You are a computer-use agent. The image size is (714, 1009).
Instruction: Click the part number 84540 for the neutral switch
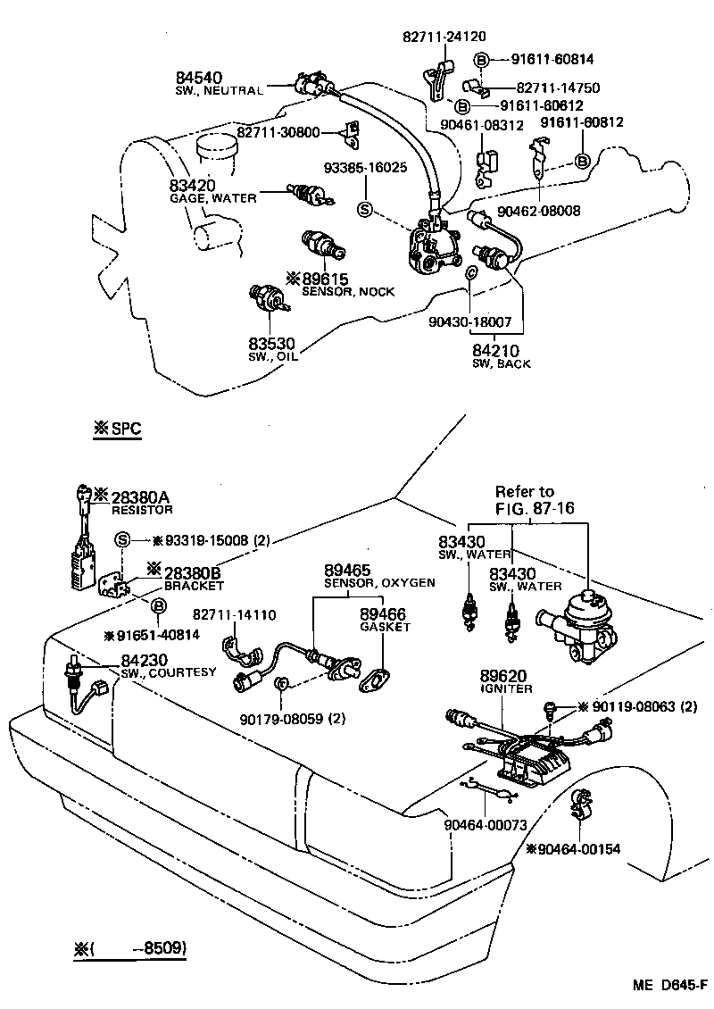click(x=199, y=78)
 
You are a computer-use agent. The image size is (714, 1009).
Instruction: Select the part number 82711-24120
click(x=443, y=38)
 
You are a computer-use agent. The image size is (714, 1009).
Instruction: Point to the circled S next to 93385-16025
click(x=364, y=209)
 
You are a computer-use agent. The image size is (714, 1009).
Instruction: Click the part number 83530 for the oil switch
click(x=270, y=344)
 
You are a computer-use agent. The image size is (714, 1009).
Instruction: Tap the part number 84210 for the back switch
click(x=497, y=351)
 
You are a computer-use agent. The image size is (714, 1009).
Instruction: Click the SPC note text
click(x=119, y=429)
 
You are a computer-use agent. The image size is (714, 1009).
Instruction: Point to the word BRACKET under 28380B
click(x=194, y=586)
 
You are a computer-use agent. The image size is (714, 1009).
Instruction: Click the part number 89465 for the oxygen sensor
click(x=347, y=569)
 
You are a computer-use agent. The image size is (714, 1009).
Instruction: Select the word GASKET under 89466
click(x=385, y=627)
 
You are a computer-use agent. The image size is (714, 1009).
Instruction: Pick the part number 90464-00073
click(x=485, y=825)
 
